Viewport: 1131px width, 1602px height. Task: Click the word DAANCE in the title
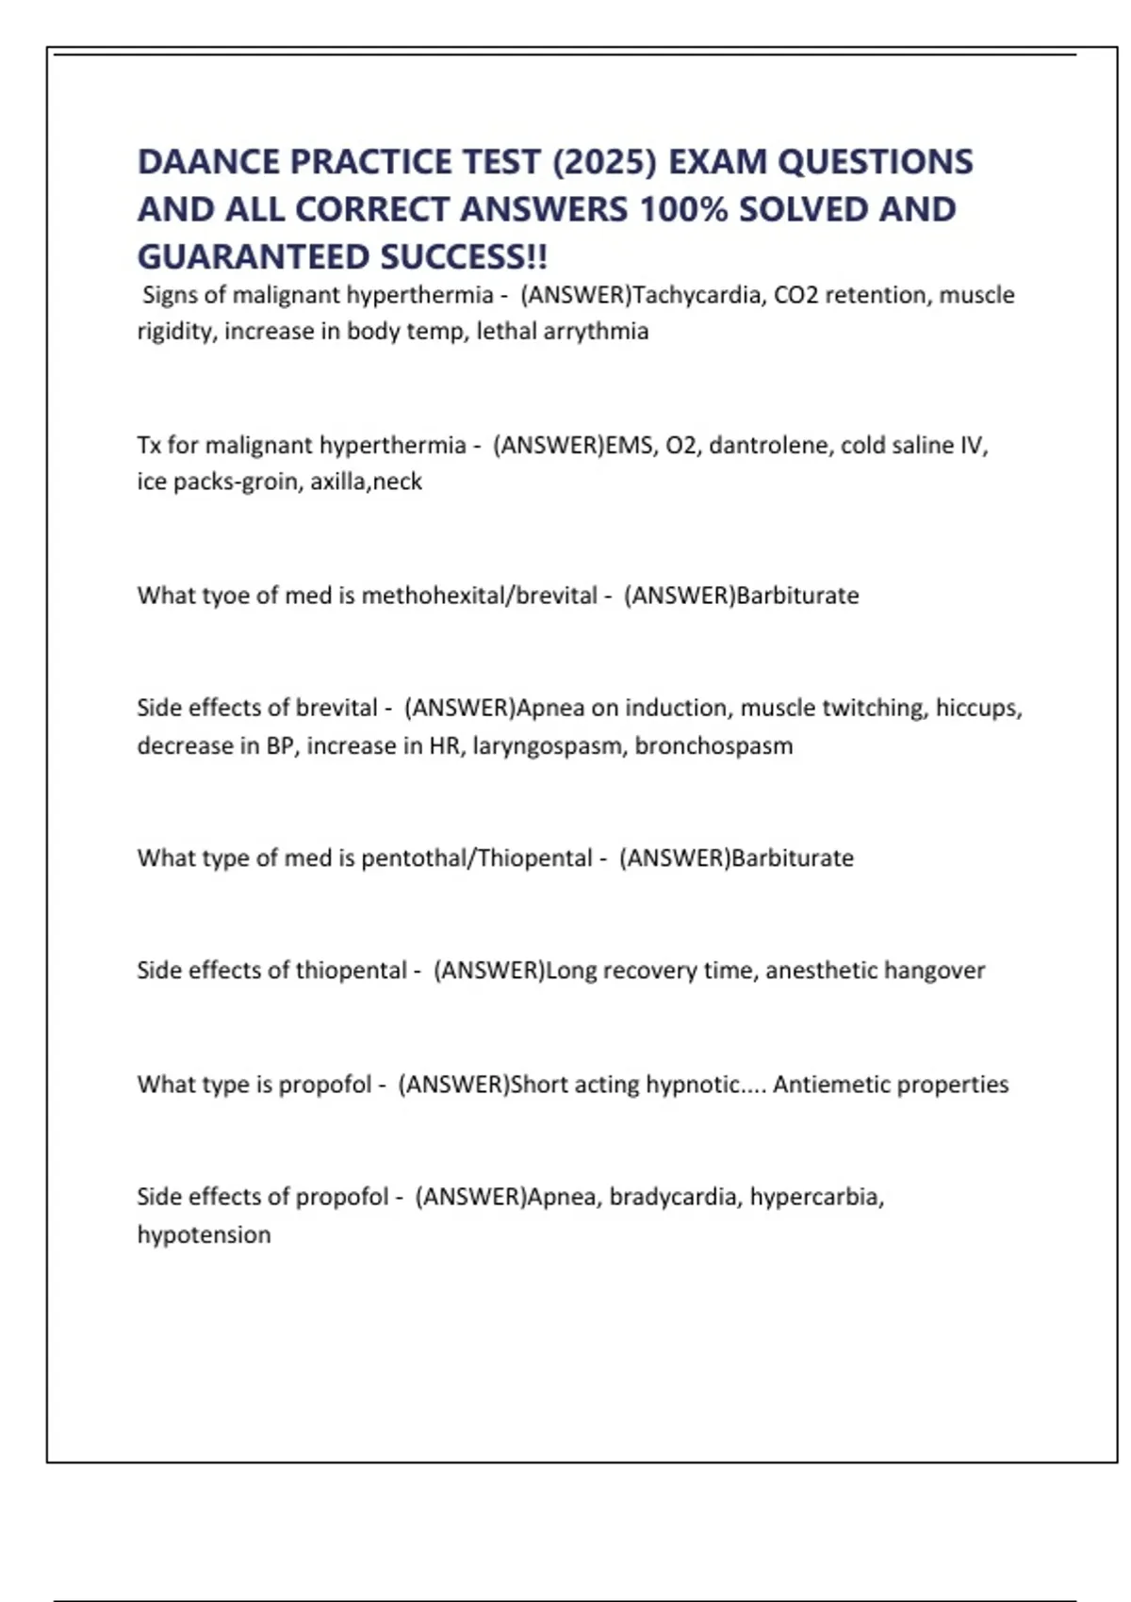tap(208, 162)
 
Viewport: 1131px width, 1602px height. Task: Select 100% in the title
tap(683, 209)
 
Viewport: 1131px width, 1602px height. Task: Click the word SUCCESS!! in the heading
tap(464, 256)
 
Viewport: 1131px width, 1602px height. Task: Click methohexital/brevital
tap(480, 596)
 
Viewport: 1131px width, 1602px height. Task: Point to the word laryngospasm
tap(546, 745)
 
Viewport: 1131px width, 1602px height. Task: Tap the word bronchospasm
tap(713, 745)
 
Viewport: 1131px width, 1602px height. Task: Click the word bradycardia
tap(673, 1197)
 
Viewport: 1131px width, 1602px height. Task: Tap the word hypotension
tap(204, 1234)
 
